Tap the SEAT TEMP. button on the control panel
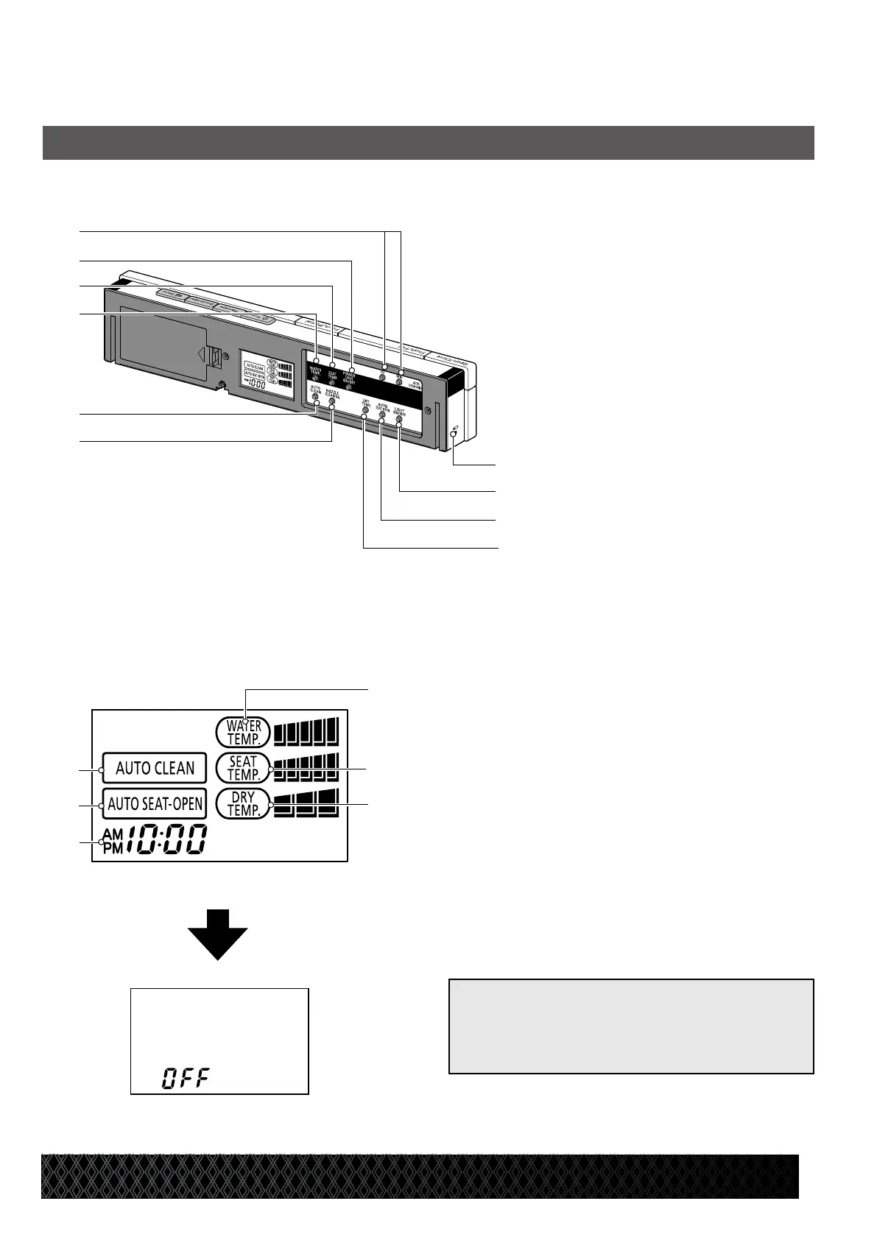point(332,383)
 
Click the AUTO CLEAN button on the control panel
point(314,397)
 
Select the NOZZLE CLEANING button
point(331,401)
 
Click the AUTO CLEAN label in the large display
point(155,769)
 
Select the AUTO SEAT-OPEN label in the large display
point(155,804)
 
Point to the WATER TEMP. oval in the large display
point(244,732)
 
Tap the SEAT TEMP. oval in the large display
point(244,768)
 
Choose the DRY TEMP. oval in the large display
point(244,804)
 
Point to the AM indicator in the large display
point(113,834)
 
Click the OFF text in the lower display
point(186,1079)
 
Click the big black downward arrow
point(218,934)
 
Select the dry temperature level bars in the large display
point(306,803)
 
